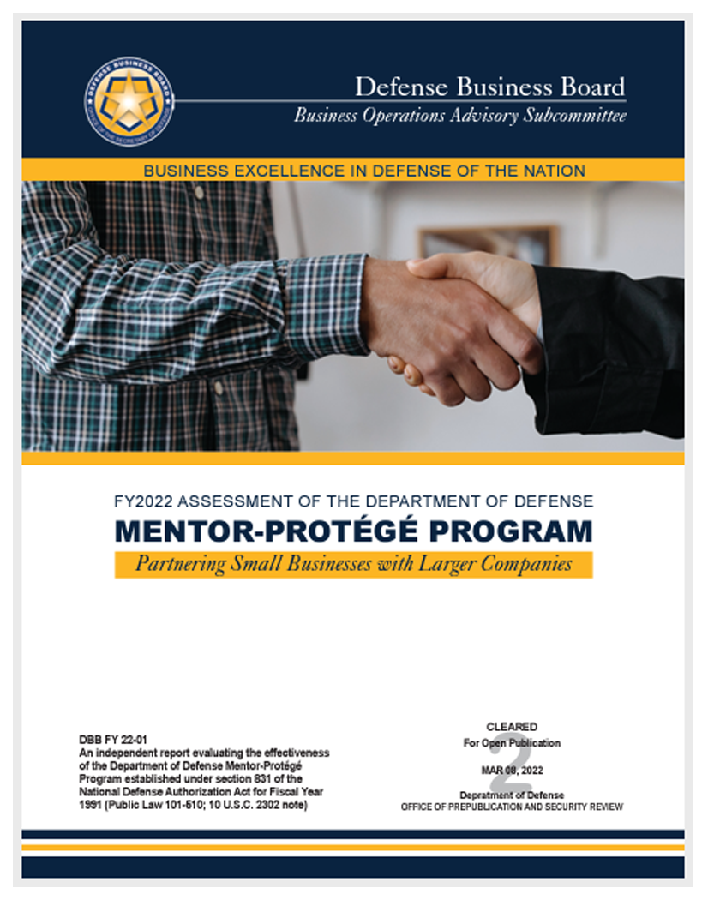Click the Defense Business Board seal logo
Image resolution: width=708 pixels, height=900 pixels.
point(129,101)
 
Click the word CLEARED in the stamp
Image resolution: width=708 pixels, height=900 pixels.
point(512,727)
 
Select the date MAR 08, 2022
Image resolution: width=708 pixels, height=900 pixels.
point(512,771)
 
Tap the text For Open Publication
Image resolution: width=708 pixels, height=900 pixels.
point(512,743)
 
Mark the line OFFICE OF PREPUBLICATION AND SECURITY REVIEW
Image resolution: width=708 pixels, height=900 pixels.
point(512,807)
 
